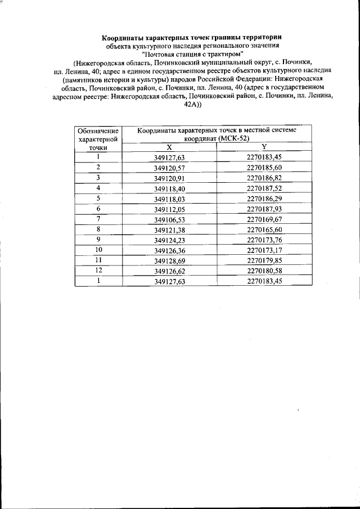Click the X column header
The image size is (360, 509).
point(169,147)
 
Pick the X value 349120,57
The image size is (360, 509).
point(169,168)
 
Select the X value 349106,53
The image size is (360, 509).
point(169,219)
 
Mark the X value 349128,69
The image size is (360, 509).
point(169,260)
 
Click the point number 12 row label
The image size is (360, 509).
point(98,270)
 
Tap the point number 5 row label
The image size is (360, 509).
point(98,198)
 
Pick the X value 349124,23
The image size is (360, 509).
point(169,239)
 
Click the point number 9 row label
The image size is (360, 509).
point(98,239)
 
